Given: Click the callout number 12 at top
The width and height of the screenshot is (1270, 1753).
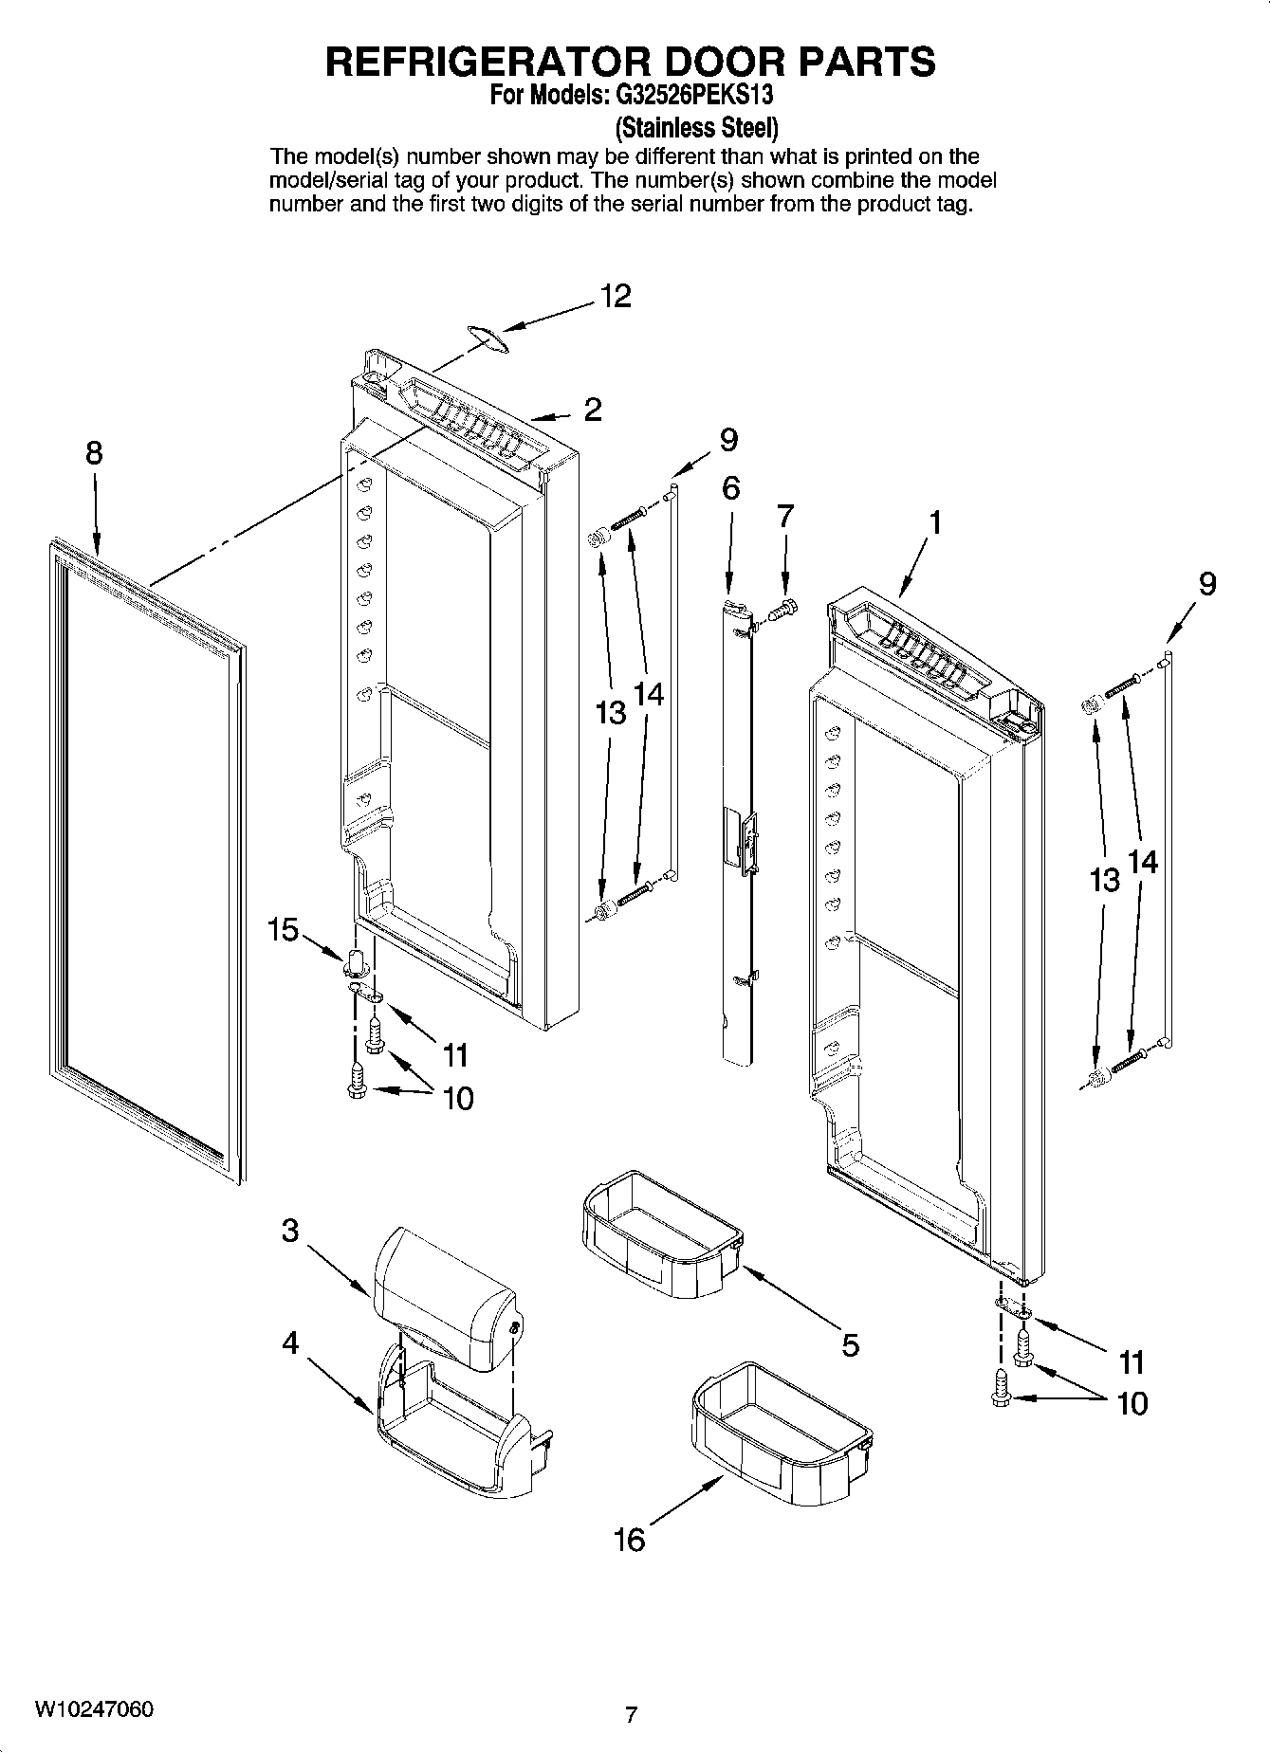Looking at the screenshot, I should click(615, 297).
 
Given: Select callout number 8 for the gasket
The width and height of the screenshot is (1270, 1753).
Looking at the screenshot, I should click(94, 453).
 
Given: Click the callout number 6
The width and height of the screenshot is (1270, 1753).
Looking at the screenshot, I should click(730, 488).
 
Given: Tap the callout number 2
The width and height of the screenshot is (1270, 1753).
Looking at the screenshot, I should click(593, 410).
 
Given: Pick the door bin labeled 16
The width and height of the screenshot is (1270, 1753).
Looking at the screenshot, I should click(780, 1433).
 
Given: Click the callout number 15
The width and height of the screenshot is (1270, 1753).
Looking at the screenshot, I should click(283, 930).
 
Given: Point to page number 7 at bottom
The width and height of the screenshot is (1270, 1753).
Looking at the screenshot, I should click(631, 1714).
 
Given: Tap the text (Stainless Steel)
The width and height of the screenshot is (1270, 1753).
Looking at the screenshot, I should click(697, 126).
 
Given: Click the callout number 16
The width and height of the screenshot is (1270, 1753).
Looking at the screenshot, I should click(629, 1539).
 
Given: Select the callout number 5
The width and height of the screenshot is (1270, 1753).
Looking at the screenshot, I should click(850, 1344).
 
